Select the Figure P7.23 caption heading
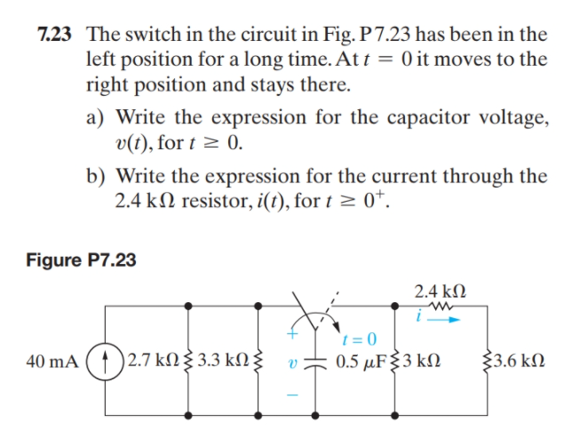tap(82, 259)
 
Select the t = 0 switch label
tap(359, 339)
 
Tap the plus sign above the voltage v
tap(290, 336)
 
